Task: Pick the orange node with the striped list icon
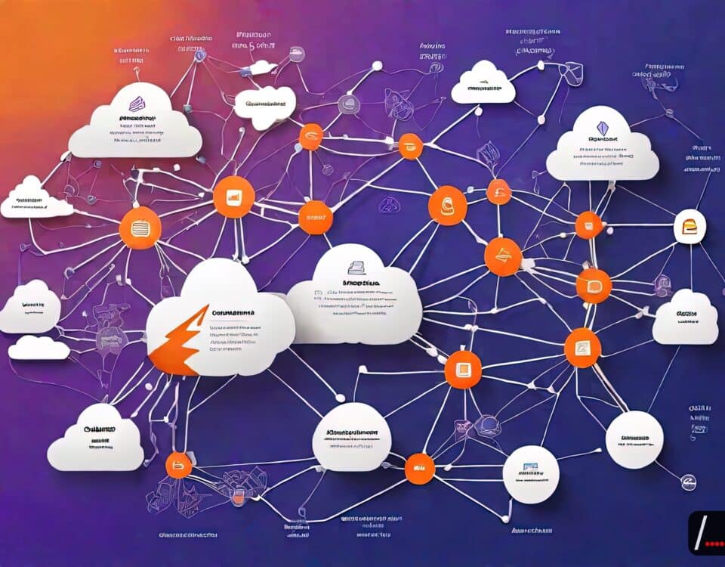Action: click(140, 228)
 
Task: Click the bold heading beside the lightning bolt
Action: click(234, 312)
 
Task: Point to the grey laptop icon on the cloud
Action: click(356, 266)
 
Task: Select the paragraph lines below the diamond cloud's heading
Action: click(603, 160)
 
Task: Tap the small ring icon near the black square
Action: click(688, 482)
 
